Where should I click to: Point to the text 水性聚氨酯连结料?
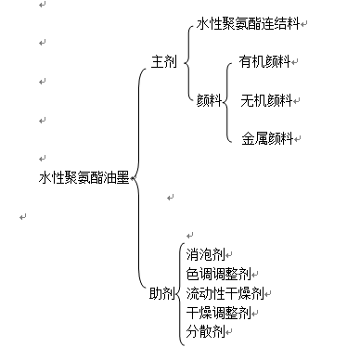(x=249, y=22)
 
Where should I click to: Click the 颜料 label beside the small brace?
(x=208, y=99)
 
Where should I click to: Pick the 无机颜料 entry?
(x=265, y=99)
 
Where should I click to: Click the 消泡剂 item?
(x=204, y=254)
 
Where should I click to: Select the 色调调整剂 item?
(x=218, y=274)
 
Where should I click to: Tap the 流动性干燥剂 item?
(x=224, y=293)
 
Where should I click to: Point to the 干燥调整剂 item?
(x=218, y=313)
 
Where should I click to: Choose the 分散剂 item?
(x=204, y=331)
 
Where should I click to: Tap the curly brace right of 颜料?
(x=226, y=100)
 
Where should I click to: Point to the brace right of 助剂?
(x=179, y=293)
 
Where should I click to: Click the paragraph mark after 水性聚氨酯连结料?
(x=305, y=24)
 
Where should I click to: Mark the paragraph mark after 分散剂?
(x=227, y=333)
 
